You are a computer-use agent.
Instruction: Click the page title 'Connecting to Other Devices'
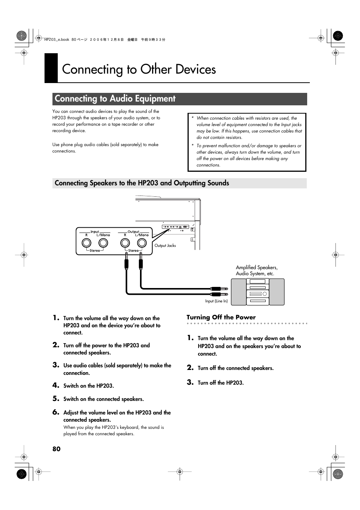tap(139, 69)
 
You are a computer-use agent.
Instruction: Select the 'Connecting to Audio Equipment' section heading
tap(115, 99)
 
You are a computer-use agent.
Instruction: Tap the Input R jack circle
tap(86, 243)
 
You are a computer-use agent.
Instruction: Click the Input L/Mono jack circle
tap(103, 243)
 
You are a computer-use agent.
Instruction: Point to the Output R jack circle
tap(125, 243)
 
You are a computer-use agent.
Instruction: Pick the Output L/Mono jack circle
tap(142, 243)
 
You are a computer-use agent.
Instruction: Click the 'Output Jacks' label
tap(165, 245)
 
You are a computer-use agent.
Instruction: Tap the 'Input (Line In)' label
tap(216, 301)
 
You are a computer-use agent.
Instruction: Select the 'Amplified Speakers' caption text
tap(257, 268)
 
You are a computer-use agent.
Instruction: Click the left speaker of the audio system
tap(238, 292)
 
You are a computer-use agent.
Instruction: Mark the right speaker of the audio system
tap(277, 292)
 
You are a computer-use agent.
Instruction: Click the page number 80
tap(56, 449)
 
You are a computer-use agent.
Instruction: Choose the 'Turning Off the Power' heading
tap(221, 317)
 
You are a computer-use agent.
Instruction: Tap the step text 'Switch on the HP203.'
tap(88, 386)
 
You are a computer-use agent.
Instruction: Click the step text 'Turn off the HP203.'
tap(220, 383)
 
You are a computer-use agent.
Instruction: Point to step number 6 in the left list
tap(56, 412)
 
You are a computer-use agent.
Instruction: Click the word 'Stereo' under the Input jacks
tap(95, 251)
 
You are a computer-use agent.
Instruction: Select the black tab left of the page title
tap(51, 68)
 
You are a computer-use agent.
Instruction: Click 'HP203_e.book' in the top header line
tap(57, 40)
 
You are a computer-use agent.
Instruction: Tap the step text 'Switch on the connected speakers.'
tap(103, 399)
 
